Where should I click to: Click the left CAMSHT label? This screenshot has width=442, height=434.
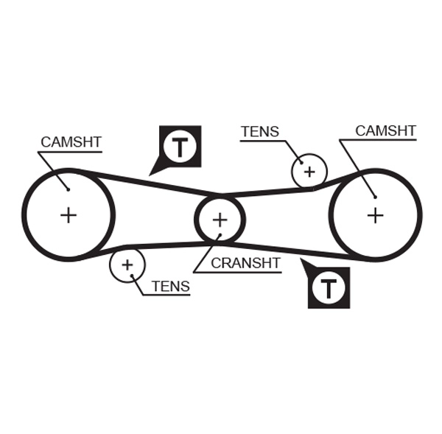(x=71, y=141)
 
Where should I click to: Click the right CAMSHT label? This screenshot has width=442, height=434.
(x=385, y=131)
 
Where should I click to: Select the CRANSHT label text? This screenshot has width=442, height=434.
(x=245, y=263)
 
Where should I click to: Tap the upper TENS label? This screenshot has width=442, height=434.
(x=259, y=132)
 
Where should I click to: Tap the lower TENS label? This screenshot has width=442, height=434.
(x=170, y=287)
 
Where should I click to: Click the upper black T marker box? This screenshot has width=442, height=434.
(x=180, y=146)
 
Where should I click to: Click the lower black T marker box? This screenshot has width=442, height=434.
(x=329, y=287)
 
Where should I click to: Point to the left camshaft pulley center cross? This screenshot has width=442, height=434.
(x=69, y=215)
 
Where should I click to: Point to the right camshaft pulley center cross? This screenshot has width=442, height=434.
(x=376, y=215)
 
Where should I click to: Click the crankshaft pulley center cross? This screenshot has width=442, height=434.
(x=220, y=220)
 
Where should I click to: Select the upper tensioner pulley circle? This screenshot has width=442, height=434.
(x=309, y=172)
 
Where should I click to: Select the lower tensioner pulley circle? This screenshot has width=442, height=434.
(x=127, y=264)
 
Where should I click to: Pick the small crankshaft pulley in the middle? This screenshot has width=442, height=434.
(x=220, y=220)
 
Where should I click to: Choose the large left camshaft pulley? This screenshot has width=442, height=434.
(x=69, y=215)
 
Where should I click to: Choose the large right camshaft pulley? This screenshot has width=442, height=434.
(x=376, y=215)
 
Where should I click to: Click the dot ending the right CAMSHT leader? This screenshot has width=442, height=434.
(x=374, y=196)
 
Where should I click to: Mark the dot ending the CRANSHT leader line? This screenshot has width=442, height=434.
(x=220, y=237)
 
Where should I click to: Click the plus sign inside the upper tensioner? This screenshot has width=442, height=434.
(x=309, y=172)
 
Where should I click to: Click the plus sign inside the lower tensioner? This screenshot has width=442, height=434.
(x=127, y=264)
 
